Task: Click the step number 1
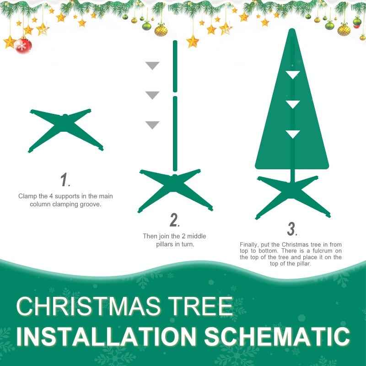65,180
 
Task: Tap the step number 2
174,220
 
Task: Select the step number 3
292,228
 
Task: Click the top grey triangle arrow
152,65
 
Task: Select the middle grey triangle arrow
152,95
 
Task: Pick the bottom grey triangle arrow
152,124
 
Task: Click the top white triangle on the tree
292,74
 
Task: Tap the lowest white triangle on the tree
292,134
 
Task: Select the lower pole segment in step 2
175,133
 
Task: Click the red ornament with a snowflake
23,45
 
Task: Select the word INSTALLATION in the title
108,337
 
